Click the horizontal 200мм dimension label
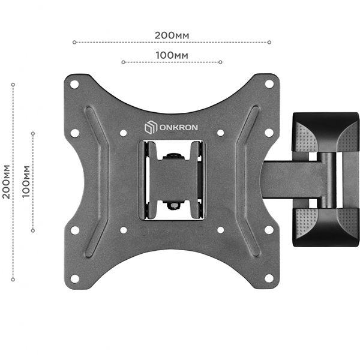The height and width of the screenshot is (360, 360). [172, 35]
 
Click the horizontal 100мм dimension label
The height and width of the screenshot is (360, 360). [172, 55]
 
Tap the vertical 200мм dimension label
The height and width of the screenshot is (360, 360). [7, 182]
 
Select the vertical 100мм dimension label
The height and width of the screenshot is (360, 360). [26, 182]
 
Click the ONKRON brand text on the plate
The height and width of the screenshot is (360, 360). [179, 127]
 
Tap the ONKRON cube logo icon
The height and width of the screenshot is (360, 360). [151, 127]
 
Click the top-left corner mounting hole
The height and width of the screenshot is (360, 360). [74, 85]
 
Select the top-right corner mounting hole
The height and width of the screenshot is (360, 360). [269, 84]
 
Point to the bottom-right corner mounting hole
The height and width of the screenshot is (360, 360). [269, 278]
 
